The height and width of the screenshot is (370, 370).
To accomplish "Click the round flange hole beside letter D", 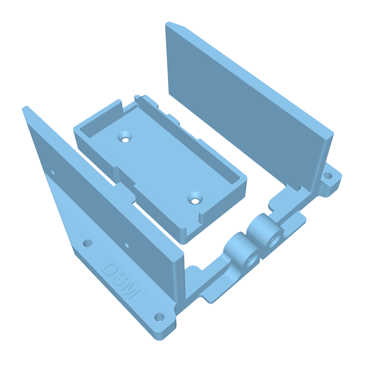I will (88, 243).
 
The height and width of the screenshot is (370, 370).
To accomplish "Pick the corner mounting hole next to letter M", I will (159, 317).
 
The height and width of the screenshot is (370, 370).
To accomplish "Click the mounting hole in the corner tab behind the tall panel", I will (328, 176).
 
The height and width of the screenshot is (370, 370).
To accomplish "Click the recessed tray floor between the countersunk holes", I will (164, 164).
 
